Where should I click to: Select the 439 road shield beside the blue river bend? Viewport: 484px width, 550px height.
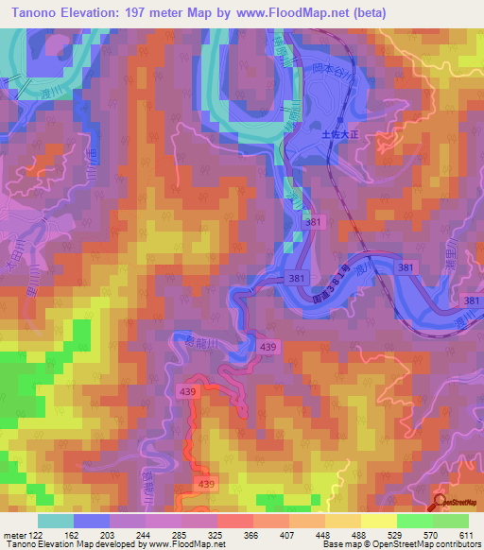tap(269, 348)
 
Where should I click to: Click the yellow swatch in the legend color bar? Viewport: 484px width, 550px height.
tap(378, 521)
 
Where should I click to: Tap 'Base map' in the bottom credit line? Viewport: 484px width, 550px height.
tap(339, 544)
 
